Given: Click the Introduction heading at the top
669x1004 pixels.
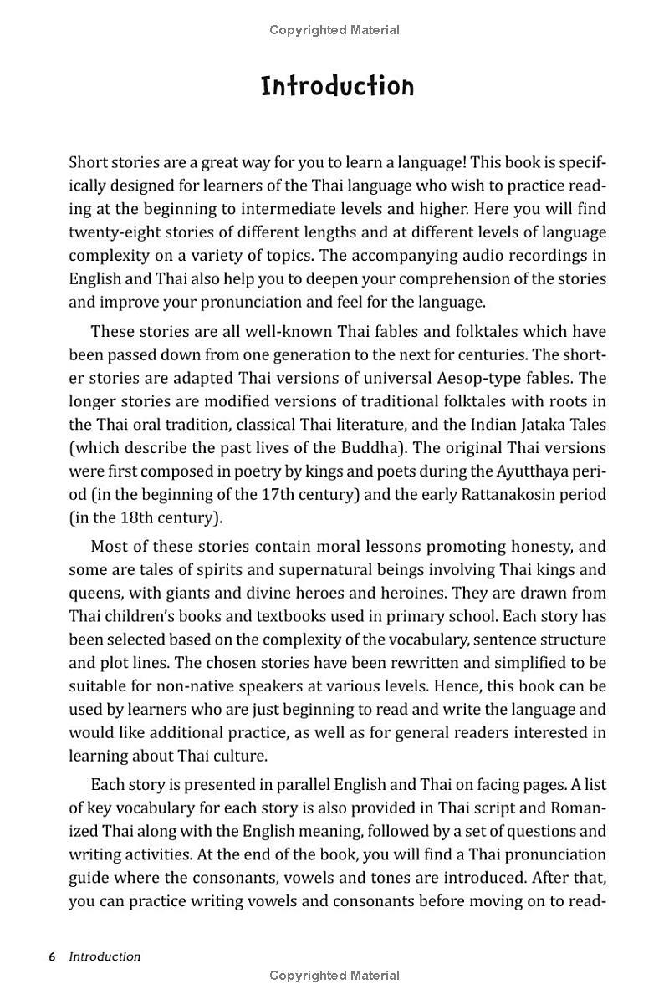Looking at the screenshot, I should tap(337, 86).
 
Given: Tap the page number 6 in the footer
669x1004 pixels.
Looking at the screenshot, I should tap(52, 956).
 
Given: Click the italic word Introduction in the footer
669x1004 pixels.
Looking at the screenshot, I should tap(105, 956).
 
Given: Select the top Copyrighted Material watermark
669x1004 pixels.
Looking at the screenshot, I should tap(334, 30).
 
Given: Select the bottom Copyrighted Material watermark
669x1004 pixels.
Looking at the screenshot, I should tap(334, 976).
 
